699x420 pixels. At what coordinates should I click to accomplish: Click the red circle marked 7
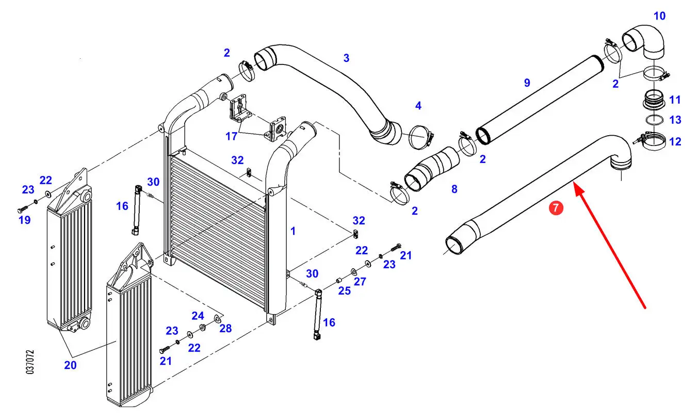(556, 208)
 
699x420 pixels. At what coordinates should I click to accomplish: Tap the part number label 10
(659, 16)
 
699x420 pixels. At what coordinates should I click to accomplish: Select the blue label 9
(527, 83)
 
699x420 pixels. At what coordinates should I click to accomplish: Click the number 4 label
(418, 106)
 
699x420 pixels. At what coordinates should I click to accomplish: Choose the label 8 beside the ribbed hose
(454, 189)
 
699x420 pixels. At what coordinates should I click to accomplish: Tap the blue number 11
(675, 100)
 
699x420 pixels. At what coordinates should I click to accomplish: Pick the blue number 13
(675, 120)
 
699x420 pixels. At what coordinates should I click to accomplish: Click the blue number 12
(675, 142)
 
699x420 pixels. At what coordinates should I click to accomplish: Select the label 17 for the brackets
(231, 136)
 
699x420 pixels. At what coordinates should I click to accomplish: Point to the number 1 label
(292, 231)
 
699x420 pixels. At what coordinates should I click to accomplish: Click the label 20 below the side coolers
(70, 365)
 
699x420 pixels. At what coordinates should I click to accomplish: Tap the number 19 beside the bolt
(25, 220)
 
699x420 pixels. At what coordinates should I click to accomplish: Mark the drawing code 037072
(30, 362)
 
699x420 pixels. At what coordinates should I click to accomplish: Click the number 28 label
(225, 329)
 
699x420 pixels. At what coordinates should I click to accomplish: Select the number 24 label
(198, 316)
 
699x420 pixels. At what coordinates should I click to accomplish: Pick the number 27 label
(360, 282)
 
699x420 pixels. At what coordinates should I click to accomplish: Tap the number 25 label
(345, 291)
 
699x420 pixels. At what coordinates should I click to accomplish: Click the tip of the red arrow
(575, 184)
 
